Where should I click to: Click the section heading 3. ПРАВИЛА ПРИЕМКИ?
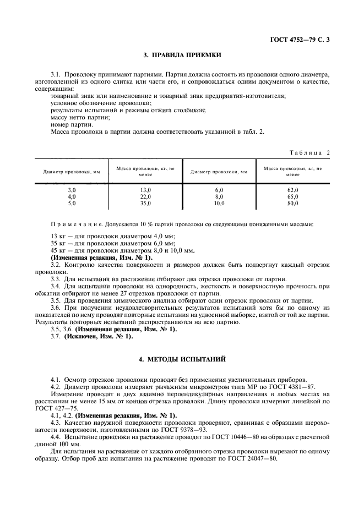pos(182,56)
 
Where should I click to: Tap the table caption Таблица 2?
pos(310,152)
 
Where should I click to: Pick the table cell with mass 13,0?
pos(145,189)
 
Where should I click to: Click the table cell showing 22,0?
pos(145,196)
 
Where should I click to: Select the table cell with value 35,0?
pos(145,203)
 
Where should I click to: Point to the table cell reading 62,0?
pos(292,189)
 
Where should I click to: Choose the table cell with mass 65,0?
pos(292,196)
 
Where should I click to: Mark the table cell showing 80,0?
pos(292,203)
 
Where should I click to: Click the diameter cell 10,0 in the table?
pos(219,203)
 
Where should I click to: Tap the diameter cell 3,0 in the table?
pos(72,189)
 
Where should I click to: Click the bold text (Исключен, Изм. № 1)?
pos(100,336)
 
